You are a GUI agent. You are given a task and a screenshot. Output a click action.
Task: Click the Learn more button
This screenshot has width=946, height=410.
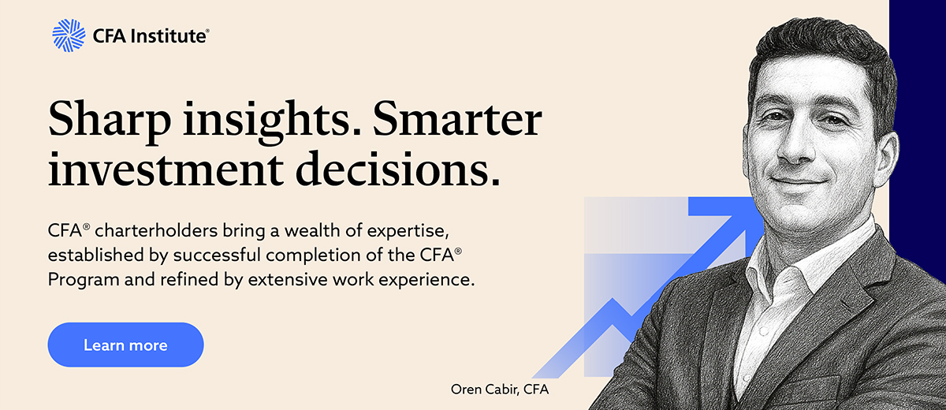click(125, 345)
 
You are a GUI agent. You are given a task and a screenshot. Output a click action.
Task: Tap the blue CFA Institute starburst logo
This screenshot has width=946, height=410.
click(69, 35)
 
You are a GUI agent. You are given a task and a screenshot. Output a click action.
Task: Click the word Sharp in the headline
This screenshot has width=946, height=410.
click(110, 120)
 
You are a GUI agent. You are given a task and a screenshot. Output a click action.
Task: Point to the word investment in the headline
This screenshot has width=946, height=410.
click(166, 169)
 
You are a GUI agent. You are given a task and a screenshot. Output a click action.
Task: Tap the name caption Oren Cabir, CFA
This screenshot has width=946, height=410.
click(500, 389)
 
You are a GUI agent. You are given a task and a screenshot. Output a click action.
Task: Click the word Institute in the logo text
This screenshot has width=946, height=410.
click(168, 36)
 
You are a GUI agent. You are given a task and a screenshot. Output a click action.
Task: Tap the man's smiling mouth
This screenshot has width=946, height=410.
click(797, 181)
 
